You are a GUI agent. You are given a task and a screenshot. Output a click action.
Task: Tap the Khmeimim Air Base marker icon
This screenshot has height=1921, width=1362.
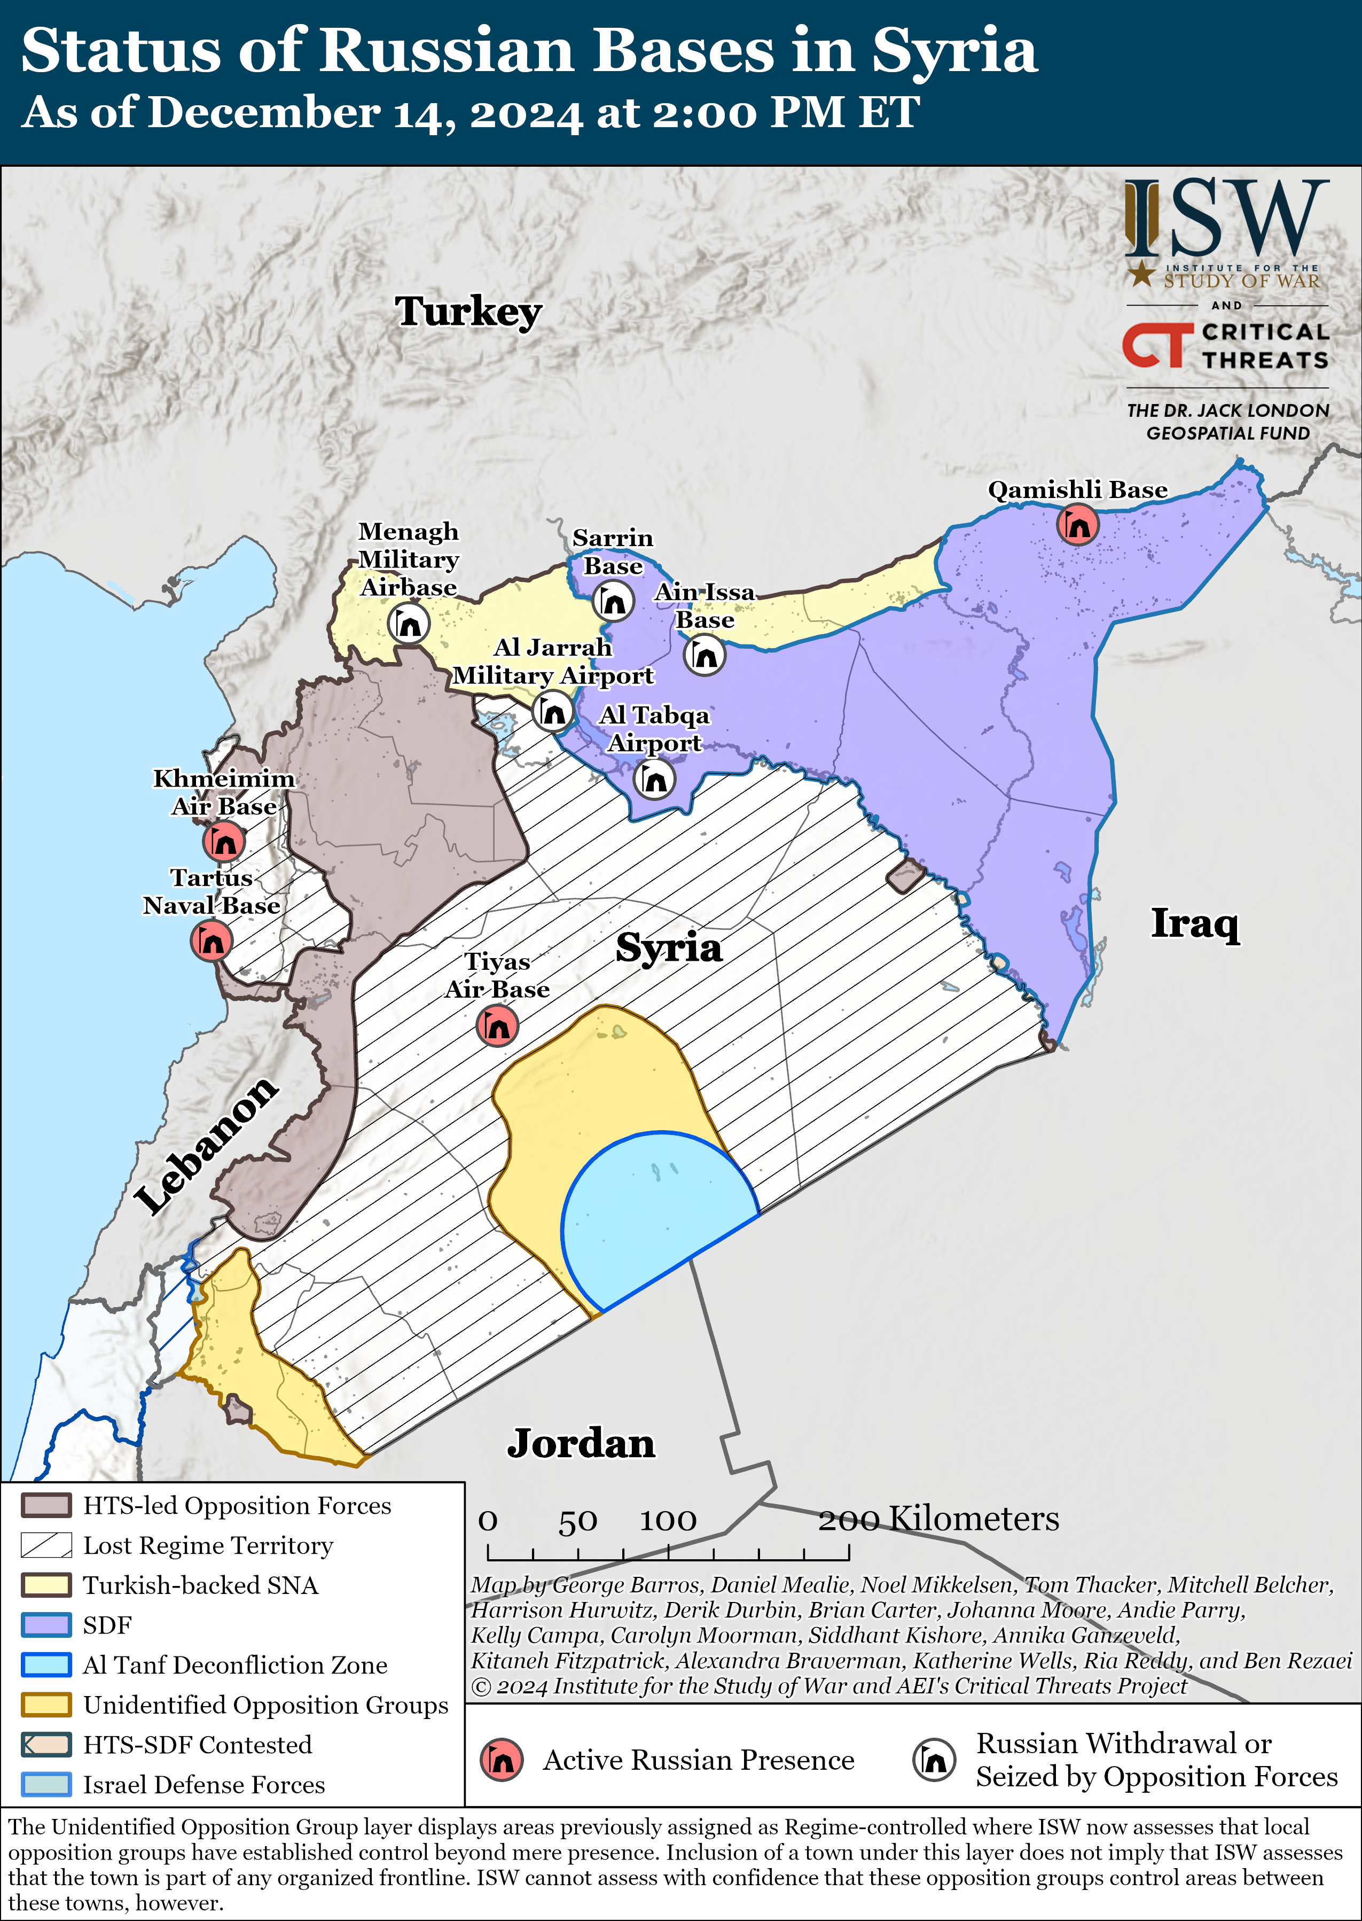224,841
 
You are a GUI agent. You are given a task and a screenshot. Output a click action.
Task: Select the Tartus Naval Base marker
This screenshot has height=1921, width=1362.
212,940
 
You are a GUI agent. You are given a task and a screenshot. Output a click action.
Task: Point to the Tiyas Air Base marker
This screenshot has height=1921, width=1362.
497,1025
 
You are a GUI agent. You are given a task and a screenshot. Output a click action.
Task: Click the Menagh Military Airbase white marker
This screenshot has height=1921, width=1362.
409,624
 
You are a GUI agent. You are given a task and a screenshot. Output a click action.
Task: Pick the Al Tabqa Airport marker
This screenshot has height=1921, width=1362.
655,779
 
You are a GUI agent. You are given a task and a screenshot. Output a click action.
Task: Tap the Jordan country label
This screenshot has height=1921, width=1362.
581,1444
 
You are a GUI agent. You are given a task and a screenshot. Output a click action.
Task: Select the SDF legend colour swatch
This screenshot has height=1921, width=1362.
46,1625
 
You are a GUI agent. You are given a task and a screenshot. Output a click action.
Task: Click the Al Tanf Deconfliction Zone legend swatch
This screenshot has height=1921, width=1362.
46,1665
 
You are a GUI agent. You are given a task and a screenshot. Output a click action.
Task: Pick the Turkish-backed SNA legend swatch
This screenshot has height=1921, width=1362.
46,1584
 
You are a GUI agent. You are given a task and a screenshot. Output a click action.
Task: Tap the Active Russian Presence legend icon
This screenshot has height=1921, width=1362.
502,1760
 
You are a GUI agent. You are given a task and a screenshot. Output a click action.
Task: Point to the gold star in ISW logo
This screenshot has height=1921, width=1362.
1140,273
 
